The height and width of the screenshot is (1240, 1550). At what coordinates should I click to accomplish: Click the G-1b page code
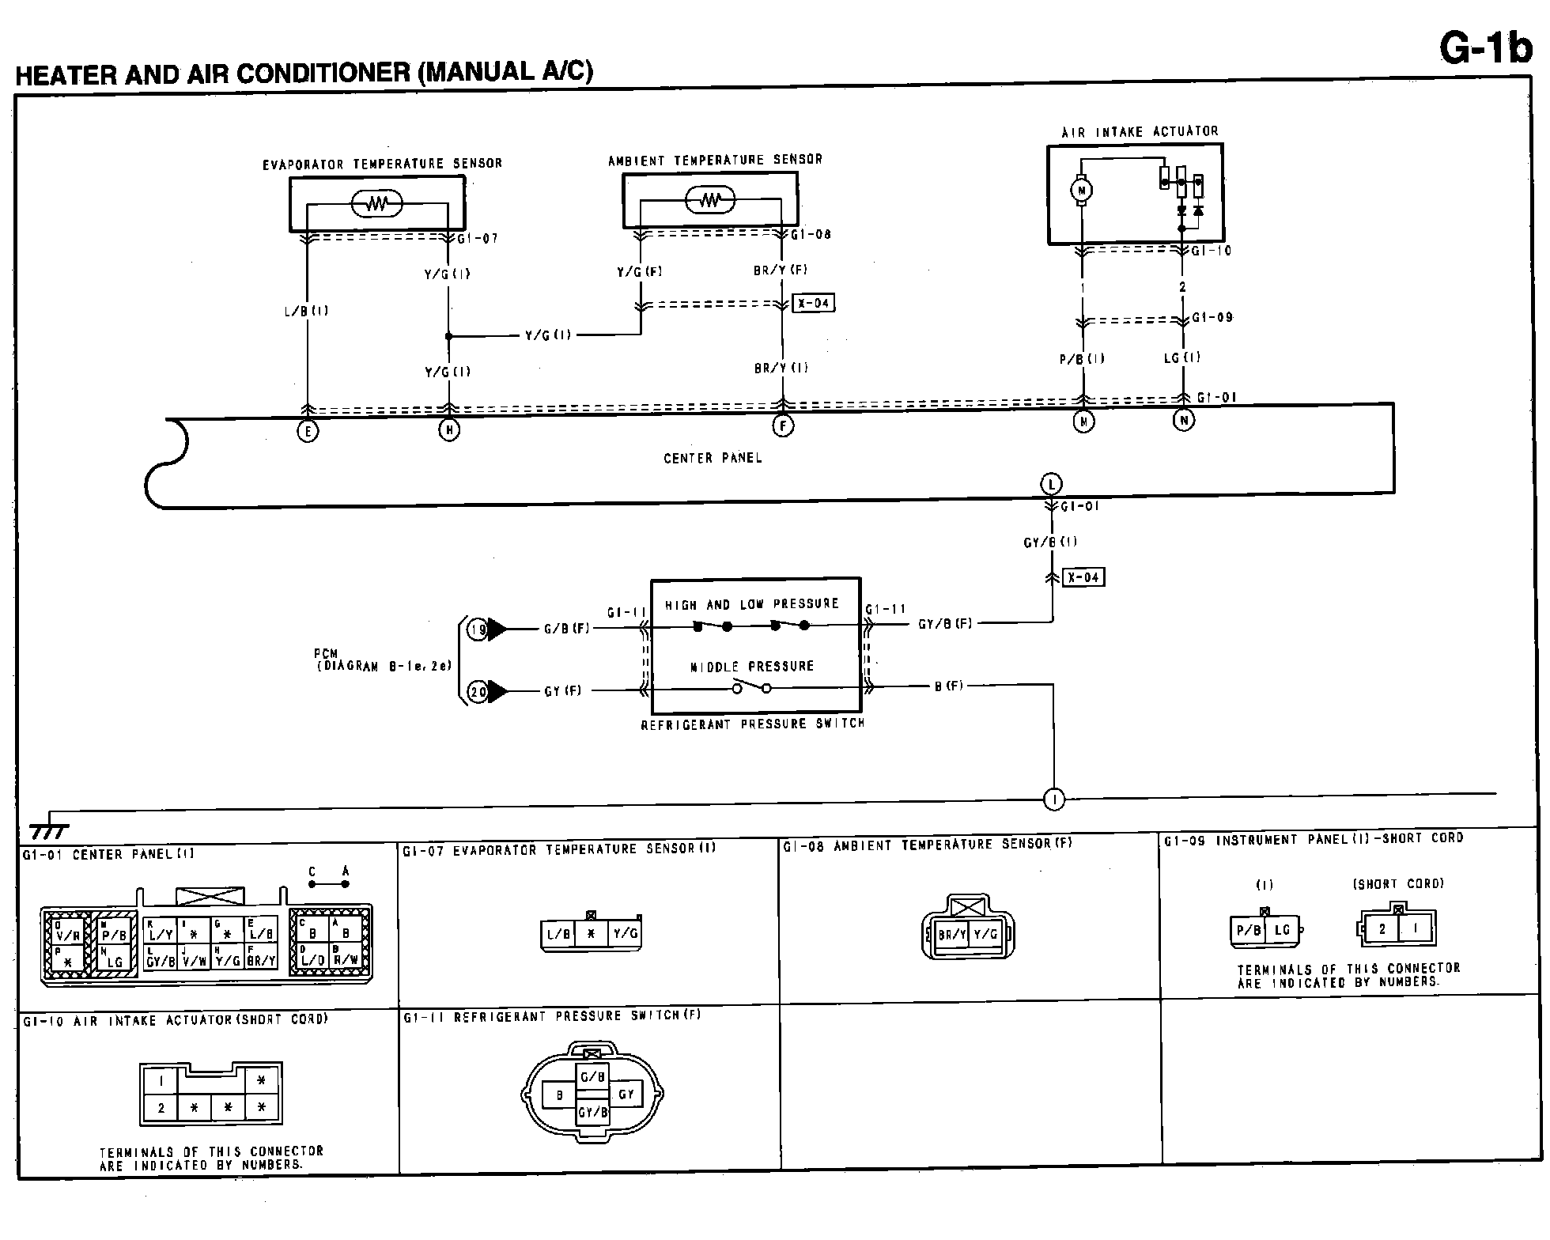click(x=1484, y=48)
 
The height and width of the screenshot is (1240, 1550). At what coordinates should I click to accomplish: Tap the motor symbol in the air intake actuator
click(x=1082, y=190)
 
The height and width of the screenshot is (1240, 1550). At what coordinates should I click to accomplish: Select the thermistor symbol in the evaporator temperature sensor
click(x=377, y=205)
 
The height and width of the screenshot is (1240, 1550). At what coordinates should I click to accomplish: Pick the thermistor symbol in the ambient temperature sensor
click(x=710, y=200)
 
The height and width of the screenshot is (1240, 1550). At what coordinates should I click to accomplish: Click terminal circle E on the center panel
click(x=308, y=432)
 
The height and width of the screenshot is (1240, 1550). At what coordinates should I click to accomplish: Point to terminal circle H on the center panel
click(x=449, y=430)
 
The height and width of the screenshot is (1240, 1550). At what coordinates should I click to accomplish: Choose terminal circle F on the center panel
click(x=783, y=426)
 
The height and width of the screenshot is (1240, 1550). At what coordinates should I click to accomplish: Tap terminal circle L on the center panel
click(x=1051, y=484)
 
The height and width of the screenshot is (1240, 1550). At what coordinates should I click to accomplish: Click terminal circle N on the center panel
click(x=1183, y=421)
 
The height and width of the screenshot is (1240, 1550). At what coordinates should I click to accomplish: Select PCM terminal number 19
click(x=478, y=629)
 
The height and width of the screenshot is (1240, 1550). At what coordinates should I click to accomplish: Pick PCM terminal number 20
click(x=478, y=692)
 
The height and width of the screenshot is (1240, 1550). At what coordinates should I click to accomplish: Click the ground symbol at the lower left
click(x=49, y=828)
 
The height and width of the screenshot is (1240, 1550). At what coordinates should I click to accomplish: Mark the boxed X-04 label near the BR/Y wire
click(x=814, y=303)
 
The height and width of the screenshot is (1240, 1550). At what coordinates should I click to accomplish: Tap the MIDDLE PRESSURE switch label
click(x=752, y=666)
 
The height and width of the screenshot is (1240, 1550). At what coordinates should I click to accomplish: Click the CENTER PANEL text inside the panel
click(x=713, y=458)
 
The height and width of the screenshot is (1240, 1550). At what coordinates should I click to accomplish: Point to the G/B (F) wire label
click(x=567, y=629)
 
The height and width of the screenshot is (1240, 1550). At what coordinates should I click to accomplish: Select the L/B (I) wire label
click(x=306, y=311)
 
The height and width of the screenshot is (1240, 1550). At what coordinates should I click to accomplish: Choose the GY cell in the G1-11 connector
click(x=626, y=1094)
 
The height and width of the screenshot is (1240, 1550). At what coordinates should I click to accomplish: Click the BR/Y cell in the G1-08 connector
click(x=951, y=934)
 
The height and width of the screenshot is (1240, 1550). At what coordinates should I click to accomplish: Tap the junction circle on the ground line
click(x=1054, y=800)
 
